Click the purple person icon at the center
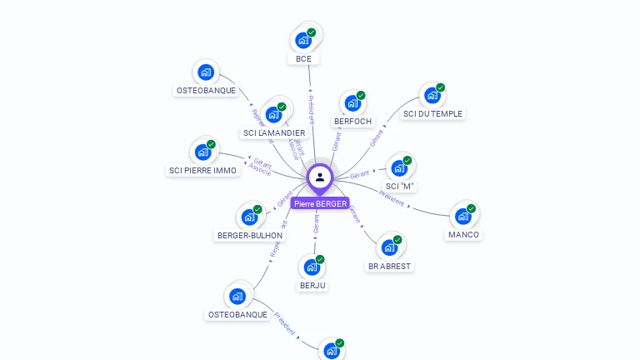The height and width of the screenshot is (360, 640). [x=320, y=177]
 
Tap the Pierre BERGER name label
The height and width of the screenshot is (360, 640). [x=320, y=203]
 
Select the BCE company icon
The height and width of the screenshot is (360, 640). [x=303, y=39]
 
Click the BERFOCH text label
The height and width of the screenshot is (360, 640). [x=352, y=121]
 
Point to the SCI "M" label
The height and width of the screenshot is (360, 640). [x=400, y=186]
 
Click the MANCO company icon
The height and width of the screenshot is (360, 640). [x=462, y=217]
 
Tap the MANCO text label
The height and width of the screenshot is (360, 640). [x=463, y=234]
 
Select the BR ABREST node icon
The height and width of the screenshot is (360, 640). [x=388, y=247]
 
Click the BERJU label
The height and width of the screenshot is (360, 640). [x=312, y=285]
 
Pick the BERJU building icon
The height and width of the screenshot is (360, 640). [x=312, y=267]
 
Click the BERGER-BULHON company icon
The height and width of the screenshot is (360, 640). [x=249, y=217]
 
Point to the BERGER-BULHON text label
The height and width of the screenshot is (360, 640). [x=250, y=235]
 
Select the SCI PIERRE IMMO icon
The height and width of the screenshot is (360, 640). [x=202, y=152]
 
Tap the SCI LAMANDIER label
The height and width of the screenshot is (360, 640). [x=274, y=132]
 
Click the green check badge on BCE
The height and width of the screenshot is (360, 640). [x=312, y=32]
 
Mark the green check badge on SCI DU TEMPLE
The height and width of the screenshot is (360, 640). [x=441, y=87]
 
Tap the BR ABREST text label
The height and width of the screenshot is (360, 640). [x=389, y=266]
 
